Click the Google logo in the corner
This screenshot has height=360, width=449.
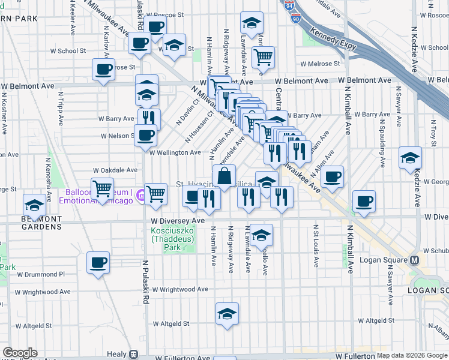[20, 353]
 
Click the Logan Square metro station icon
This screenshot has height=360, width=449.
[414, 260]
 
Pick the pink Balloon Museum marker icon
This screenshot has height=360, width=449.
[140, 194]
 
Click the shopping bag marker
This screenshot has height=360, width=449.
[224, 176]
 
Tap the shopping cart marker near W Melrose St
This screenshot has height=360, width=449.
[263, 57]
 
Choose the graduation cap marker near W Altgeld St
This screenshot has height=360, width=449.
[227, 313]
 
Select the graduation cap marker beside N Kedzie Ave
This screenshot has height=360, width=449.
[410, 157]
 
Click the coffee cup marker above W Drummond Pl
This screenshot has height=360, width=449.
[98, 262]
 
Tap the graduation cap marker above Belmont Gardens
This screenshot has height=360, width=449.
[35, 206]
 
